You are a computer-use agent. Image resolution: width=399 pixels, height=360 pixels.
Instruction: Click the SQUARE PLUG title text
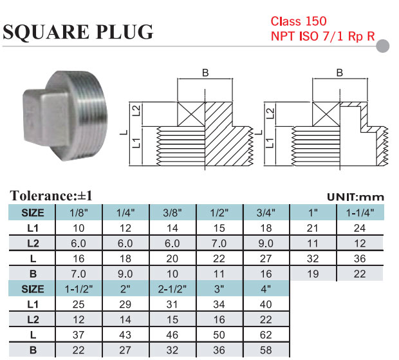click(x=79, y=32)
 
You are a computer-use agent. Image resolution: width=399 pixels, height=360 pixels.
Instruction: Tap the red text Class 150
click(x=299, y=21)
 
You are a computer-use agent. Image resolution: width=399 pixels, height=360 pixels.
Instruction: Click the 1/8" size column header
click(x=79, y=213)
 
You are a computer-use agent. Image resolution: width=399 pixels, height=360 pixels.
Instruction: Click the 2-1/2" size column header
click(x=173, y=289)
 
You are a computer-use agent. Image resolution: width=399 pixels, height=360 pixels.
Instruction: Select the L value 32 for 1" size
click(x=314, y=258)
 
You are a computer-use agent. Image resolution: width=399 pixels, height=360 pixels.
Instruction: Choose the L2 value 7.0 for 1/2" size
click(x=220, y=243)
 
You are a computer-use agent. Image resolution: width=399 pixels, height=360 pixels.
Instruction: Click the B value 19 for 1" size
click(x=314, y=273)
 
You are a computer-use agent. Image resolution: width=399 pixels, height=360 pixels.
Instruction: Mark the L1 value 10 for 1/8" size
click(x=79, y=228)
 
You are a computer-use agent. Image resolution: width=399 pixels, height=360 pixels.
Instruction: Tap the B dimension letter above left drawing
click(x=205, y=73)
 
